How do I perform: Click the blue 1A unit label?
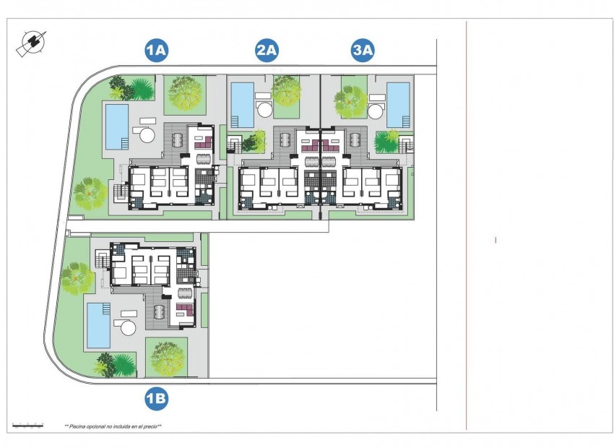(x=156, y=51)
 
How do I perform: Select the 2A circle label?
(x=267, y=51)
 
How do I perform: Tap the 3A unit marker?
(x=363, y=51)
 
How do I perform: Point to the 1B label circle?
(x=156, y=398)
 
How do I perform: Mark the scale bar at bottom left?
(x=27, y=426)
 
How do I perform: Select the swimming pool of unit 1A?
(x=117, y=126)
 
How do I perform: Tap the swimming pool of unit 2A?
(x=242, y=103)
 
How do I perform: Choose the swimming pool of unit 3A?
(x=398, y=103)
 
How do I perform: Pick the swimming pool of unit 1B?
(x=98, y=324)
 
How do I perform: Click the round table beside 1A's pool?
(x=147, y=134)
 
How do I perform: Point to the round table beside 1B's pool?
(x=128, y=327)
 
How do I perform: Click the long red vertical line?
(x=467, y=224)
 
